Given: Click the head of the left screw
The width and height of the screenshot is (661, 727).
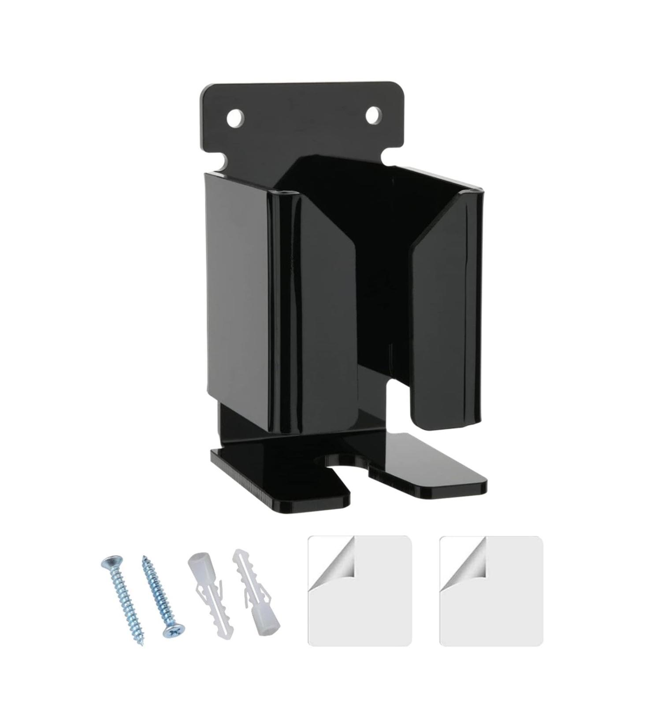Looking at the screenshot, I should coord(110,563).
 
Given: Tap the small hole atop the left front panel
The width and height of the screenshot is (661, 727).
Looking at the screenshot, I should coord(282,193).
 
